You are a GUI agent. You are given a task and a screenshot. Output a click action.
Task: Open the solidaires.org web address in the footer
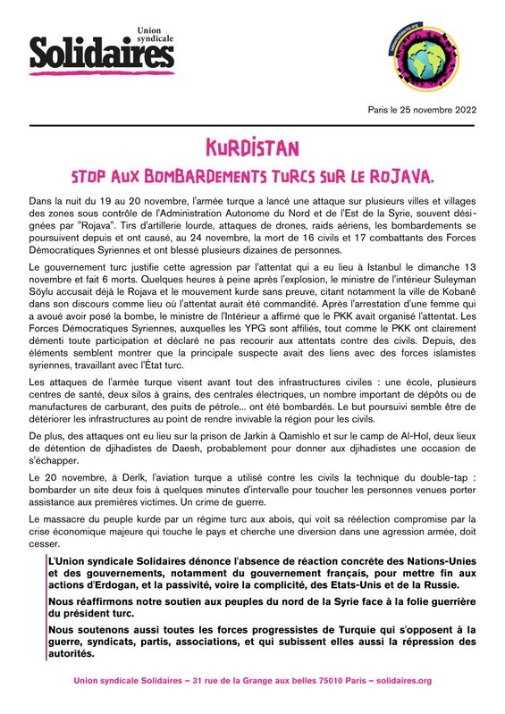399,681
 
